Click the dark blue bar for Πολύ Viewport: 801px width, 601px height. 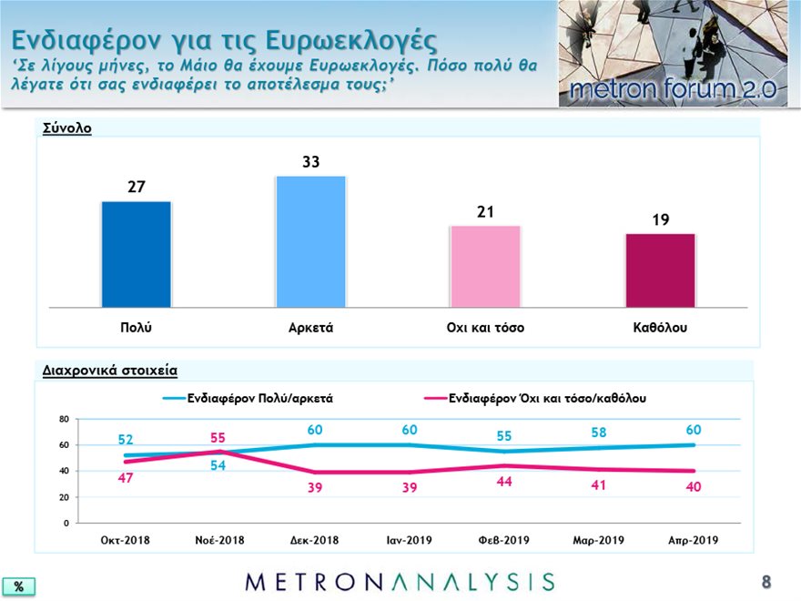(x=137, y=254)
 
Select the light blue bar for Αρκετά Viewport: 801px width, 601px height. (x=310, y=241)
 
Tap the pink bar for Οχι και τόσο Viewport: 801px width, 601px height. (x=485, y=267)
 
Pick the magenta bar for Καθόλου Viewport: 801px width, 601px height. (x=661, y=270)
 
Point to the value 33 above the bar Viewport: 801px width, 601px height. (x=310, y=162)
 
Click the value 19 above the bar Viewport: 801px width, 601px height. (x=661, y=219)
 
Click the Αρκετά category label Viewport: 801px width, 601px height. (x=310, y=328)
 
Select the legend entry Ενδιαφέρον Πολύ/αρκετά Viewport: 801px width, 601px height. (x=248, y=398)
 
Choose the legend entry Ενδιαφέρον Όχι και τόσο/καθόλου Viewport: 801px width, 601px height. (x=535, y=398)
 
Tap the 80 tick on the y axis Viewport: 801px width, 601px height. (x=64, y=419)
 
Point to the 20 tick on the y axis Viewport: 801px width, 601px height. (x=64, y=497)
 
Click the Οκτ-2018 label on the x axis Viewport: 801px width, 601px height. (x=126, y=540)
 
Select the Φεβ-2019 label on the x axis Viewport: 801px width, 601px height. (x=503, y=540)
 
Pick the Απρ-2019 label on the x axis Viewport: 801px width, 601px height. (x=694, y=540)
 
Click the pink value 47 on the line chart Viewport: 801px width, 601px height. (x=126, y=478)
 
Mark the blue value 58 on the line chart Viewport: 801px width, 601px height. (x=599, y=433)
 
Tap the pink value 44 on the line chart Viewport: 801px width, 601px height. (x=504, y=482)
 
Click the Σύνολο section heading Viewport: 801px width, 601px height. (x=67, y=127)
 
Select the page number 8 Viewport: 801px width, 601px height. (x=766, y=582)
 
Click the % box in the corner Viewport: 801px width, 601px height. (x=19, y=586)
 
